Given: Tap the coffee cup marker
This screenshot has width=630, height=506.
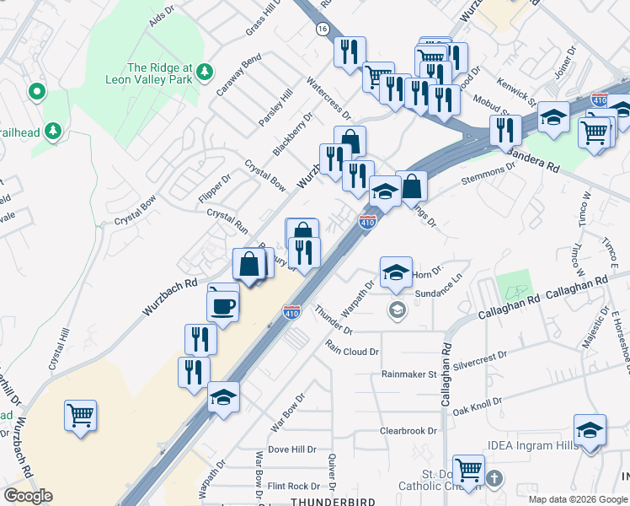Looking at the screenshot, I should pos(224,306).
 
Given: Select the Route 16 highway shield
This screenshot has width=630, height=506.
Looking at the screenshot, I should pos(323,29).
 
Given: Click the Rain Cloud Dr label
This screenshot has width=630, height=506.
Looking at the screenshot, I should pos(353,350).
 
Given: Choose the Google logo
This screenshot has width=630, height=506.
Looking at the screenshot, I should pos(28,496).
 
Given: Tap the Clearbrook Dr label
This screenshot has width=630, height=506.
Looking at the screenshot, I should pos(408,430).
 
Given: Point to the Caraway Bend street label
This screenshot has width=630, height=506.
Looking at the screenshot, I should pos(238,75).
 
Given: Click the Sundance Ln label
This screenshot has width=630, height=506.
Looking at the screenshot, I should pos(440,290).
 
